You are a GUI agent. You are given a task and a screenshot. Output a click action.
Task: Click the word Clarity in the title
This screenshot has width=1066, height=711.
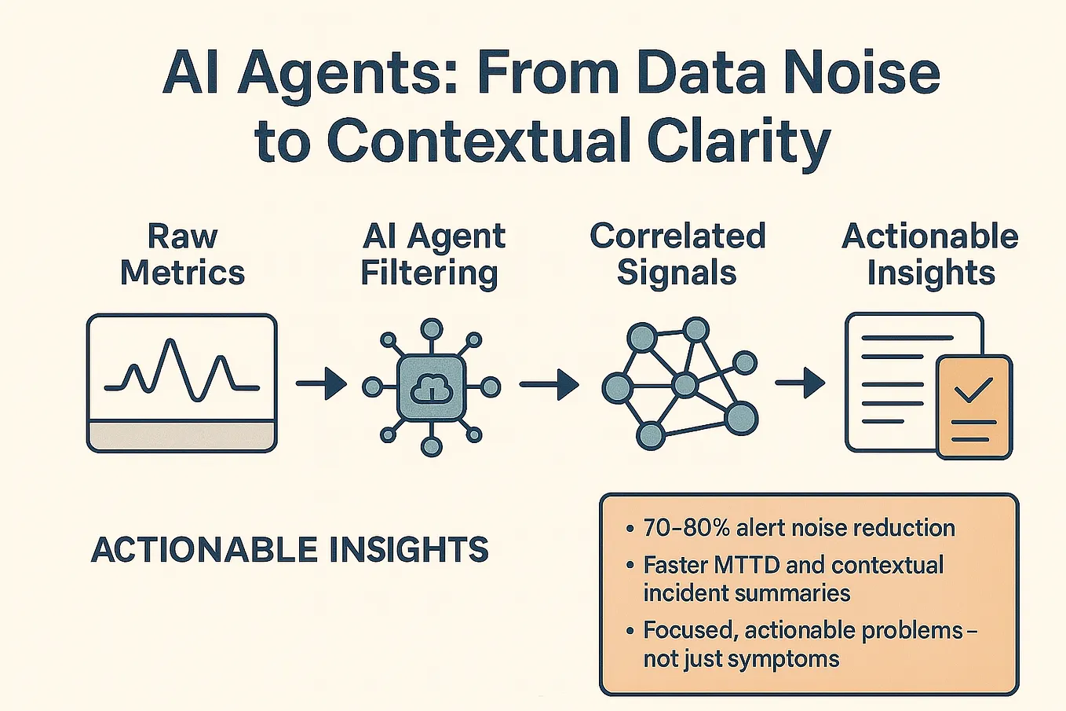pos(737,142)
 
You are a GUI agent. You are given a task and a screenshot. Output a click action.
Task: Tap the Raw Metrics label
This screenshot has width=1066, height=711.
pos(182,254)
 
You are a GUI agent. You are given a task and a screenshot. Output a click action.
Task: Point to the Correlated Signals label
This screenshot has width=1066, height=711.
pos(677,254)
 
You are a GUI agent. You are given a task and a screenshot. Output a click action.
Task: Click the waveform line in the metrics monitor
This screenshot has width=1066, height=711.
pos(182,369)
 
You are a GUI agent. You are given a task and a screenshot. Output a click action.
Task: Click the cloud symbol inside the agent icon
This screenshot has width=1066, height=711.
pos(431,387)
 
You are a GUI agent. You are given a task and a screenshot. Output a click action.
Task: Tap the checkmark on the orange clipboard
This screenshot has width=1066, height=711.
pos(973,389)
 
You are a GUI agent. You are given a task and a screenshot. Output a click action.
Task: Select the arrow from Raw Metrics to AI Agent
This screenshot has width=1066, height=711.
pos(321,384)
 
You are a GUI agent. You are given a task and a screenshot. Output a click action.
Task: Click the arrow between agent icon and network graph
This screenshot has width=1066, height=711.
pos(549,384)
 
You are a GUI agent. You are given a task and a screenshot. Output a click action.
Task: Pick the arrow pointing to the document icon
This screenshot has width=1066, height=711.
pos(800,383)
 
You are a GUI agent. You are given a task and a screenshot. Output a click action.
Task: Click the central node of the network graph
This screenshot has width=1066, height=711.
pos(685,385)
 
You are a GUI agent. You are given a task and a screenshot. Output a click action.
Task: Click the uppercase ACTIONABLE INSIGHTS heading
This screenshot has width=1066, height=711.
pos(290,550)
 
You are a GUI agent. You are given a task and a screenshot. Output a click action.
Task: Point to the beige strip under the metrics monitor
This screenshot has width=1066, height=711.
pos(182,435)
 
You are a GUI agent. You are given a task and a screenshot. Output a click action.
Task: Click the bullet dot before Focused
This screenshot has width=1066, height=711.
pos(630,631)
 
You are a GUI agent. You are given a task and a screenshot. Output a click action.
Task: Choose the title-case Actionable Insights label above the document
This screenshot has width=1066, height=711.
pos(930,254)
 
